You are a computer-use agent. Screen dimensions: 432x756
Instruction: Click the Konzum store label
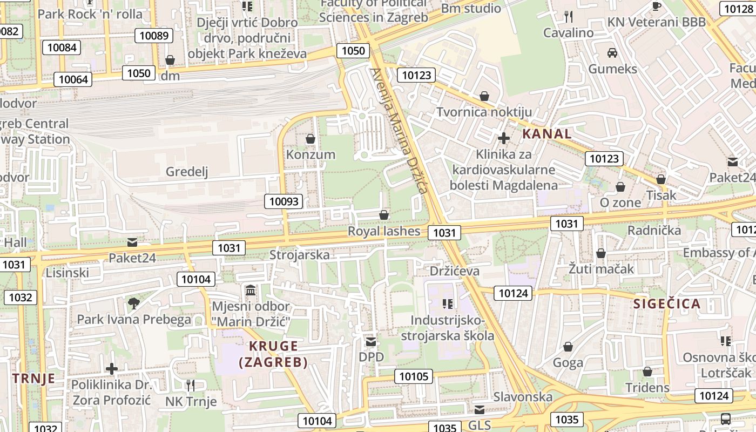310,154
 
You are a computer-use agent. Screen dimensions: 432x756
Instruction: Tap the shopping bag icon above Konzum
310,139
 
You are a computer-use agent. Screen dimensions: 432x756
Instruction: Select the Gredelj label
187,172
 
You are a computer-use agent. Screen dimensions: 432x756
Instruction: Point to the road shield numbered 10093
283,201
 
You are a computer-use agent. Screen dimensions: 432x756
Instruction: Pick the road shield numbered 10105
414,376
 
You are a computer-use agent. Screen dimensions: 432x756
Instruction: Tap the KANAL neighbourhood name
547,133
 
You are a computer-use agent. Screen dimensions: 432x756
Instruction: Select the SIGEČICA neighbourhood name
667,303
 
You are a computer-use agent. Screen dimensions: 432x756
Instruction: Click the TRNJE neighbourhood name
34,378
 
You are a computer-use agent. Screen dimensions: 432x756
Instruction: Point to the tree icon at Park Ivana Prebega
134,303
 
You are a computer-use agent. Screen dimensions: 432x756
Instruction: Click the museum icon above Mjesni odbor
251,291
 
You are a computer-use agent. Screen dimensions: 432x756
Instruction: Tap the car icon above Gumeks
612,53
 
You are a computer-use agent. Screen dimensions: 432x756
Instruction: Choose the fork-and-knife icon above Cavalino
568,17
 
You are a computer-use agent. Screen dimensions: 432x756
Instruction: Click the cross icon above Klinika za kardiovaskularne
504,138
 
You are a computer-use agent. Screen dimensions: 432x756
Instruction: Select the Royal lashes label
383,231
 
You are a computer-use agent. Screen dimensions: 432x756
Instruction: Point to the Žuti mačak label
601,268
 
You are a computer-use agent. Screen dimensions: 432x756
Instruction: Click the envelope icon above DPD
371,342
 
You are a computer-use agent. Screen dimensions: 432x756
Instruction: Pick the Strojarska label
299,255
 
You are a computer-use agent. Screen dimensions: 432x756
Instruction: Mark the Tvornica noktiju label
484,112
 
